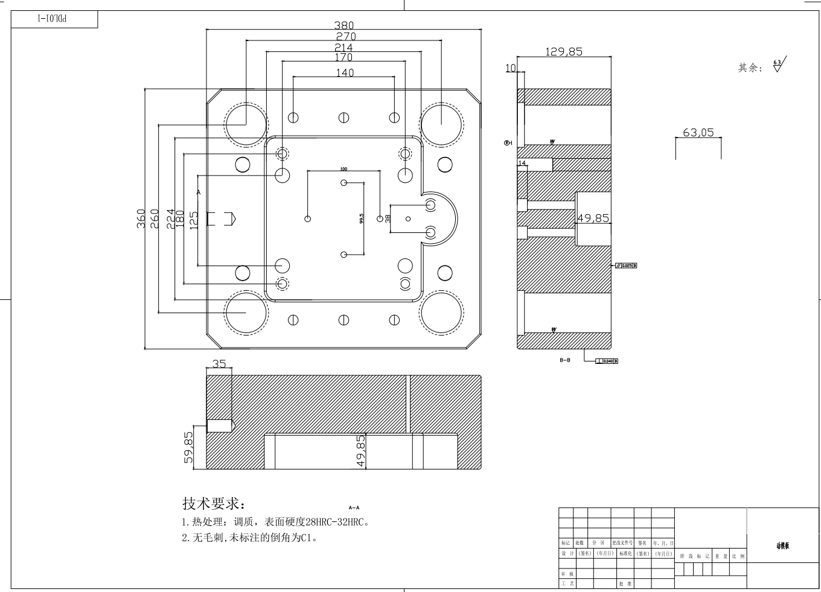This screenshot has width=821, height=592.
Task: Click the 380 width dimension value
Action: (x=344, y=25)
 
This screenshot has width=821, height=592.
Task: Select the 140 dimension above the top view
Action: (x=345, y=73)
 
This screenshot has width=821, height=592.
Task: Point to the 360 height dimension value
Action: (x=141, y=218)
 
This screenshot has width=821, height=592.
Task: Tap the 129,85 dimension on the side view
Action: (x=564, y=52)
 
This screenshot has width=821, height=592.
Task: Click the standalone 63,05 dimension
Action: (x=698, y=133)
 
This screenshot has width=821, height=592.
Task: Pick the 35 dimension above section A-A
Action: (x=219, y=364)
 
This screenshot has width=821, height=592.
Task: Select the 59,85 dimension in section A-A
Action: (x=189, y=447)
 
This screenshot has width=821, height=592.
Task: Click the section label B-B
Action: (x=564, y=360)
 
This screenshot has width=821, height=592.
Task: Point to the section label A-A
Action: (x=354, y=508)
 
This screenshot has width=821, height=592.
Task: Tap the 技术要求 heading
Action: (x=214, y=503)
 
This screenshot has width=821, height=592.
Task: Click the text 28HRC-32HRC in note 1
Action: (x=336, y=523)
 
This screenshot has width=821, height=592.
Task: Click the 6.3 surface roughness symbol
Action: (x=778, y=65)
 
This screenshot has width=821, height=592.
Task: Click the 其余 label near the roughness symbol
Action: (x=750, y=68)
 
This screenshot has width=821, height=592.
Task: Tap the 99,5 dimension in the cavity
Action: (x=362, y=218)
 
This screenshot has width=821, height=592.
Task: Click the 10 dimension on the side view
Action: (x=511, y=68)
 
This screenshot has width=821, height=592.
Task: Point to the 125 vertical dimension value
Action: (x=194, y=218)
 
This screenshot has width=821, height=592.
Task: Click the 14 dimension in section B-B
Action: (x=522, y=163)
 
